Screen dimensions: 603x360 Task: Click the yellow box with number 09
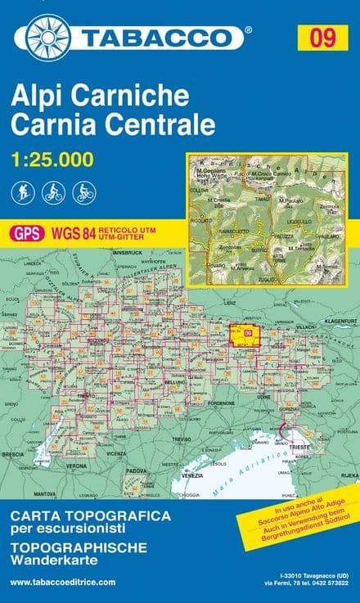tap(322, 37)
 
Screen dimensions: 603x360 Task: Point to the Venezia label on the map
tap(193, 475)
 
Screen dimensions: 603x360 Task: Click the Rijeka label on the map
tap(349, 473)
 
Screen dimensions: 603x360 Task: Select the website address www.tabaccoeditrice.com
tap(63, 582)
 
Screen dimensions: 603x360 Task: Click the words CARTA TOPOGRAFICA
tap(91, 516)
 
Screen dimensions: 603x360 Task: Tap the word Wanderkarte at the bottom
tap(48, 560)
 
